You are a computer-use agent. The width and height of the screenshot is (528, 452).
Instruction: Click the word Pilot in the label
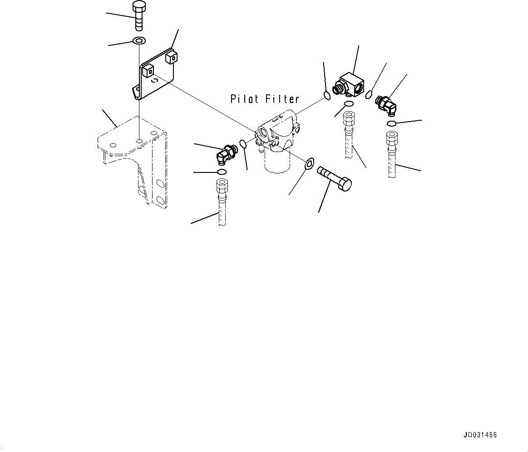click(x=246, y=99)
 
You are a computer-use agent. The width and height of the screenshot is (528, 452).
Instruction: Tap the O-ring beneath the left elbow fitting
click(x=222, y=172)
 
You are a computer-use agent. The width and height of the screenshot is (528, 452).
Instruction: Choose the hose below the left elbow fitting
click(x=222, y=202)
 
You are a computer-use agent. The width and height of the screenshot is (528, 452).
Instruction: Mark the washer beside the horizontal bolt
click(x=309, y=162)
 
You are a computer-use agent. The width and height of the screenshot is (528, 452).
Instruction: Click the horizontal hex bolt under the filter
click(x=335, y=178)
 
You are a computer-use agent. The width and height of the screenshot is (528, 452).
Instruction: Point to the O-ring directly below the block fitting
click(x=349, y=105)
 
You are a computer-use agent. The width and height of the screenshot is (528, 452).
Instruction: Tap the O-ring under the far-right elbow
click(x=392, y=123)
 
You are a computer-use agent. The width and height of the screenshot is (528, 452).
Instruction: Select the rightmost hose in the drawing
click(x=391, y=154)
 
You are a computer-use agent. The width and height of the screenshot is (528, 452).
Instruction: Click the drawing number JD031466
click(x=480, y=435)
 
